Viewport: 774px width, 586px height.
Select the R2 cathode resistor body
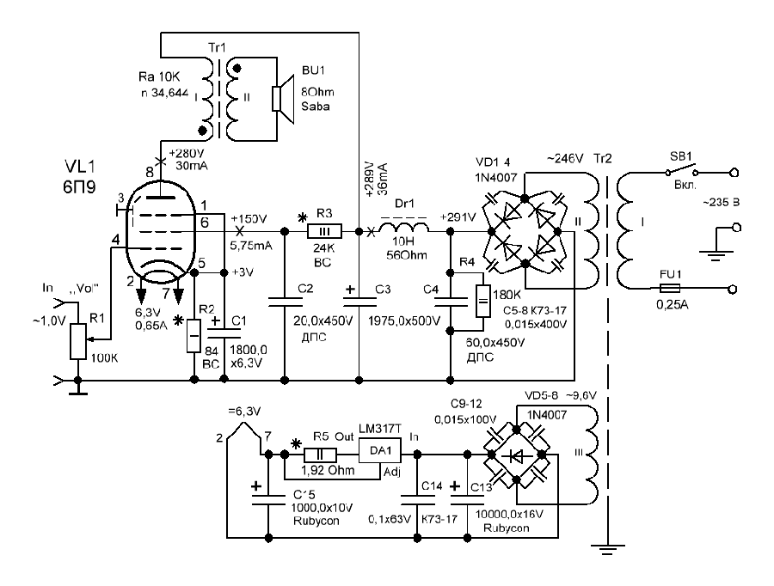(x=193, y=334)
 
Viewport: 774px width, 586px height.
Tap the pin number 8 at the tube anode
(x=150, y=173)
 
